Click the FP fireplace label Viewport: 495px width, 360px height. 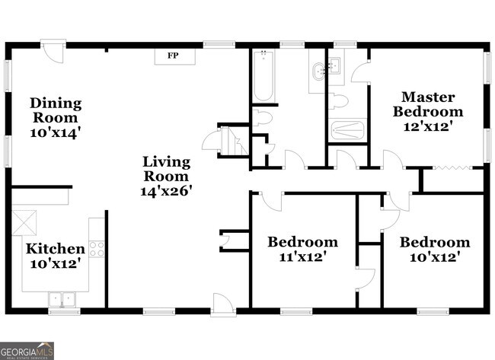pyautogui.click(x=173, y=56)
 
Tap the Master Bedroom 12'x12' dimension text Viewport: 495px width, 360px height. pyautogui.click(x=428, y=127)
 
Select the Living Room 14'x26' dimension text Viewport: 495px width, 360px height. pyautogui.click(x=166, y=191)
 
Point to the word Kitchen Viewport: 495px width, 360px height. pyautogui.click(x=56, y=249)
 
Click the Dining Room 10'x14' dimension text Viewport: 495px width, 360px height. pyautogui.click(x=53, y=133)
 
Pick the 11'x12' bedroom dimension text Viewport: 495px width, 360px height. pyautogui.click(x=302, y=256)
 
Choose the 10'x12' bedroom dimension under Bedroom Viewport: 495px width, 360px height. pyautogui.click(x=434, y=257)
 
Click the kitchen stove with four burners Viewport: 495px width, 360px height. pyautogui.click(x=97, y=249)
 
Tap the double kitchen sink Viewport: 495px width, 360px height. pyautogui.click(x=62, y=299)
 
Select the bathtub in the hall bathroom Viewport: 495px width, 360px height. pyautogui.click(x=263, y=75)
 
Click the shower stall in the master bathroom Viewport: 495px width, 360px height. pyautogui.click(x=347, y=130)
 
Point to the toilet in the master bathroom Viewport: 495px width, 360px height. pyautogui.click(x=338, y=101)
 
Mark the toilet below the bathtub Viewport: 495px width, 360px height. pyautogui.click(x=262, y=118)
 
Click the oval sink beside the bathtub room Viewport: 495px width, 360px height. pyautogui.click(x=319, y=72)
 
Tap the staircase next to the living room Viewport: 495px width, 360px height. pyautogui.click(x=234, y=141)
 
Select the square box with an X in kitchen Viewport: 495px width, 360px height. pyautogui.click(x=24, y=223)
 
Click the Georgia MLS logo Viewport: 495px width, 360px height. pyautogui.click(x=27, y=351)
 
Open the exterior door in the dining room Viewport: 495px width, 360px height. pyautogui.click(x=53, y=50)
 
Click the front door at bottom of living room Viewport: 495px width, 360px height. pyautogui.click(x=223, y=304)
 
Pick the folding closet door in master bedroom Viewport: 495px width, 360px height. pyautogui.click(x=453, y=168)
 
